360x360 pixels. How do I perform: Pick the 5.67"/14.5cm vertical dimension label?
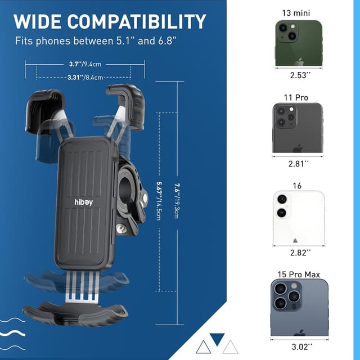[160, 200]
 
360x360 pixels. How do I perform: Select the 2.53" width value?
[298, 75]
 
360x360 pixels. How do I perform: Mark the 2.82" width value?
[298, 254]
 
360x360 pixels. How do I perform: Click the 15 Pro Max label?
[298, 274]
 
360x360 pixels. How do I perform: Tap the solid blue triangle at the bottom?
[217, 339]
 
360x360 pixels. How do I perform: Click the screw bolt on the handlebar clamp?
[120, 228]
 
